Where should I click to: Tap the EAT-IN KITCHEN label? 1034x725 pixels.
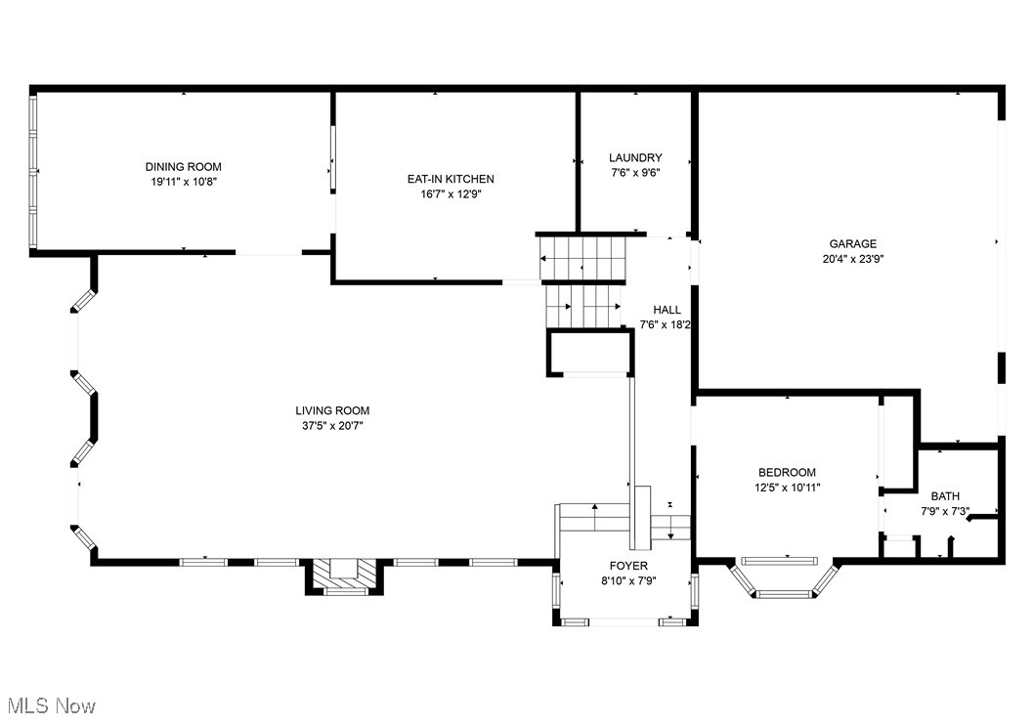coord(451,179)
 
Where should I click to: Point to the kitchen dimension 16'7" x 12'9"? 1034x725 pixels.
coord(451,193)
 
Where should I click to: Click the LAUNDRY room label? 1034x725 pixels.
coord(635,157)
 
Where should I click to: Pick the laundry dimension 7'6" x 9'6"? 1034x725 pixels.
coord(635,172)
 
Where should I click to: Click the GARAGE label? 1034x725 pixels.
coord(852,244)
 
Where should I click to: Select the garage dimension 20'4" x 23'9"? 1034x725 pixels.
coord(852,259)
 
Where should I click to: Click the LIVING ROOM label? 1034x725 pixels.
coord(332,410)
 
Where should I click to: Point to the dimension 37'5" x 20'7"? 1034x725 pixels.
coord(332,425)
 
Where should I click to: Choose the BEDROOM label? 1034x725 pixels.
coord(785,472)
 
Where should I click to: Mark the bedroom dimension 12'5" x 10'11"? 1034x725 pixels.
coord(785,487)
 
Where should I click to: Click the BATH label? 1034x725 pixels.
coord(944,496)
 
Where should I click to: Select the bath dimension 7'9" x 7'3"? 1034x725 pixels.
coord(944,511)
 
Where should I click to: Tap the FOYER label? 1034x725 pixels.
coord(628,566)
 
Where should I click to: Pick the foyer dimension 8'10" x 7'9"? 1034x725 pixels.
coord(628,580)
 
